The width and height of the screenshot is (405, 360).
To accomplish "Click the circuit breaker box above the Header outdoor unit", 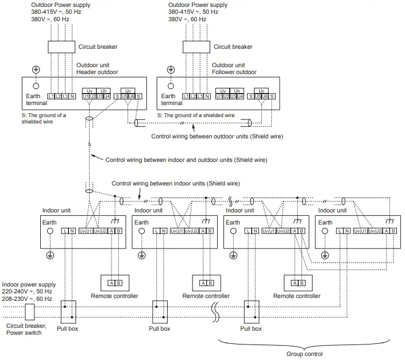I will tap(61, 47).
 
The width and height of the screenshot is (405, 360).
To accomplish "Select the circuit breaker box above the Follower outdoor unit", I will tap(196, 47).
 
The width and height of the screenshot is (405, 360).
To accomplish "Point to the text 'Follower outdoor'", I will tap(234, 72).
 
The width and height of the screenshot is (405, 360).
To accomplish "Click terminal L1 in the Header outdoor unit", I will tap(51, 96).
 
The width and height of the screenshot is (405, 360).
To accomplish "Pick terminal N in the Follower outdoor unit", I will tap(207, 96).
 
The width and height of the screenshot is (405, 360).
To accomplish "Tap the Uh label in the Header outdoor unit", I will tap(103, 91).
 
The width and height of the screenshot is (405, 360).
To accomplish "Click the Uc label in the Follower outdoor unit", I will tap(261, 91).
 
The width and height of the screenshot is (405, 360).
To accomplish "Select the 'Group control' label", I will tap(304, 354).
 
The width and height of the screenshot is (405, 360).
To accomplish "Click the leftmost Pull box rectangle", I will tap(68, 311).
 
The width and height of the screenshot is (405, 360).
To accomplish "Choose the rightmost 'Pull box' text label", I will tap(250, 329).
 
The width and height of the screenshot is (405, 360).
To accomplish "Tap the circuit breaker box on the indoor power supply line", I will tap(30, 311).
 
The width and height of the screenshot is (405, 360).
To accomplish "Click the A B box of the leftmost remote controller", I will tap(114, 282).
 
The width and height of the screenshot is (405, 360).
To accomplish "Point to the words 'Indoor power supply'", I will tap(29, 284).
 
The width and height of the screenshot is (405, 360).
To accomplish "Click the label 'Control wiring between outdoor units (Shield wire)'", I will tap(217, 137).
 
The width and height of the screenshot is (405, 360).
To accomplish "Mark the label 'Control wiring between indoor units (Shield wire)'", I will tap(175, 183).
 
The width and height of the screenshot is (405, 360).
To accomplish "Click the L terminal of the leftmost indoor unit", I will tap(64, 230).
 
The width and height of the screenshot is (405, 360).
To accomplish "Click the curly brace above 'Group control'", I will tap(304, 343).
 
